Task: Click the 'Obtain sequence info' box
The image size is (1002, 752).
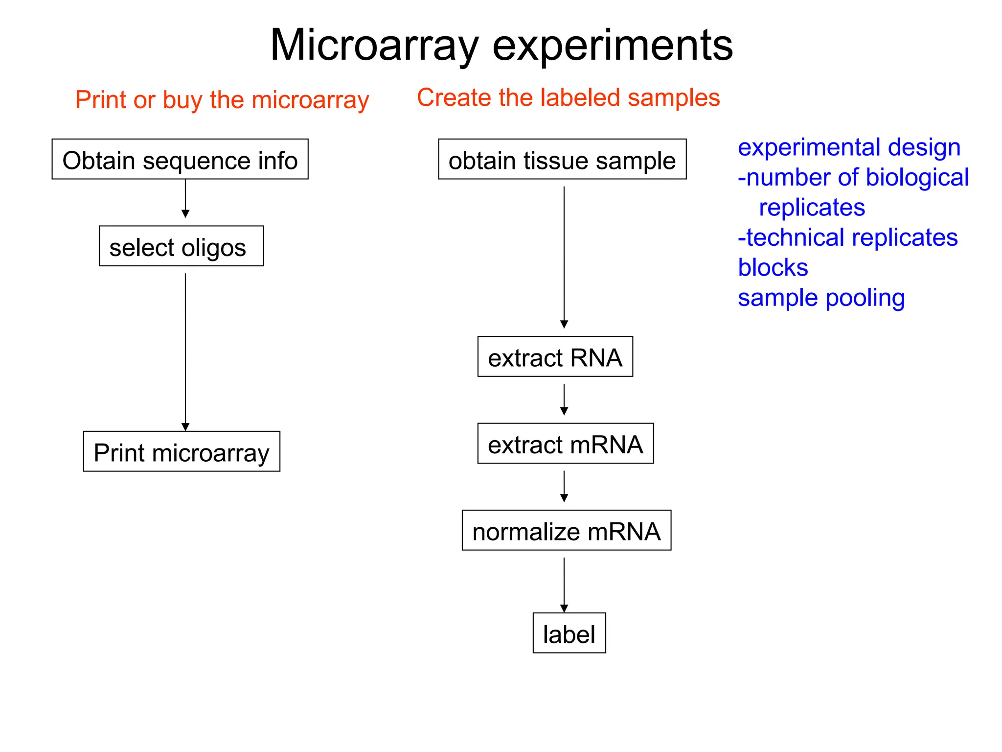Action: click(x=180, y=160)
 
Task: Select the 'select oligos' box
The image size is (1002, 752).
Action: click(x=181, y=246)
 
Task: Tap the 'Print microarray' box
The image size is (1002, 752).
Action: click(x=182, y=451)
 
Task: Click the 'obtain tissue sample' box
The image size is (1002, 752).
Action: click(x=562, y=160)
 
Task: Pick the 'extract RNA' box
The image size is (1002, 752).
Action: click(x=555, y=357)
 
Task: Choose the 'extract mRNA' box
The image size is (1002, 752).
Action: click(x=565, y=444)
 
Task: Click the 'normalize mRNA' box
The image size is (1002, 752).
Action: click(x=566, y=531)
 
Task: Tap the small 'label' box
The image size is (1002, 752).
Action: click(x=569, y=633)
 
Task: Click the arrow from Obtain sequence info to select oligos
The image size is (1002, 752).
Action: click(x=185, y=199)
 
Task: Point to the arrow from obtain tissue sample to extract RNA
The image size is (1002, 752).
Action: click(x=564, y=257)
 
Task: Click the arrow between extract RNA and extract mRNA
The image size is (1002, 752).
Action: click(x=564, y=399)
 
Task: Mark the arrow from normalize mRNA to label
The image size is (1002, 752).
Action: click(x=564, y=585)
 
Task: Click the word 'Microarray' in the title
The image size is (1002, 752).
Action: click(x=374, y=45)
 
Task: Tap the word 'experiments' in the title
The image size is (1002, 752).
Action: click(x=612, y=45)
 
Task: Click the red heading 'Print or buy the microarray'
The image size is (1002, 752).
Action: click(x=222, y=100)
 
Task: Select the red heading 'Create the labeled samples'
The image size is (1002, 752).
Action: click(x=568, y=97)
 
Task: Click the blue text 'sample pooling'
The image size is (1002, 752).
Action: click(x=821, y=298)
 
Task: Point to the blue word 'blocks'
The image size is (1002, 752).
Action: click(x=773, y=268)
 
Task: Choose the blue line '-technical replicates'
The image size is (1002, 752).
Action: click(x=847, y=238)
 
